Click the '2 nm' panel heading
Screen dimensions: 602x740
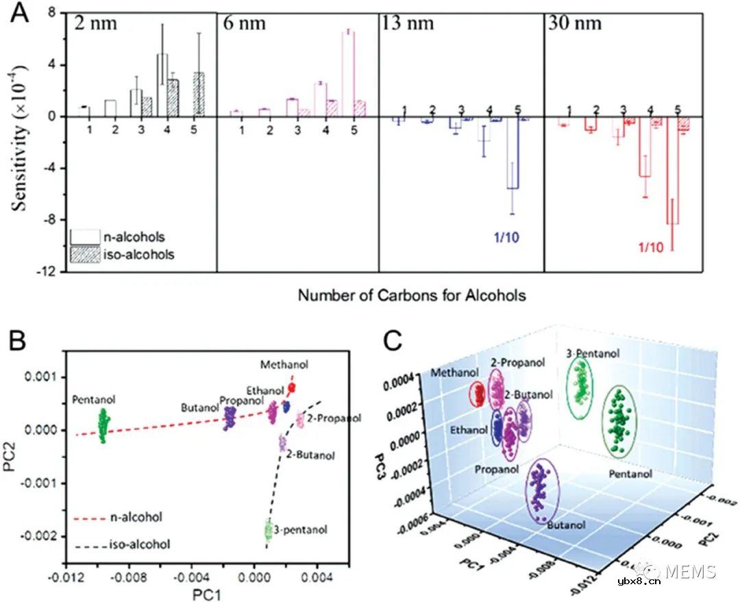coord(97,24)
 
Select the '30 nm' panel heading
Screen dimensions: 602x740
coord(574,24)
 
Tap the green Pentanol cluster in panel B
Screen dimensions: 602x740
coord(103,425)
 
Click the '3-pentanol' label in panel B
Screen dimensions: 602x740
coord(300,529)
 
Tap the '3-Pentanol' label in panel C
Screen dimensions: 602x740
coord(593,353)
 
